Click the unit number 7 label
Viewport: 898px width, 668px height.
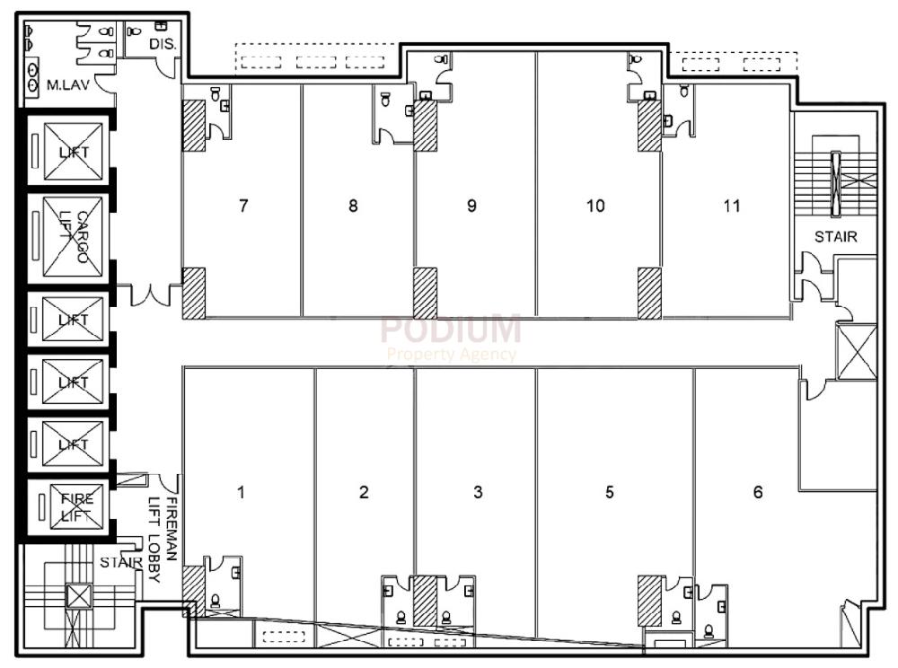click(243, 206)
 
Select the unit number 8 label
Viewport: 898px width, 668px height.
click(353, 206)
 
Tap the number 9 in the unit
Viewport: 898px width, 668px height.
click(471, 206)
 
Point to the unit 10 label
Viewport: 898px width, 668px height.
click(595, 206)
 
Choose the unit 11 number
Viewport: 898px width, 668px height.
click(732, 206)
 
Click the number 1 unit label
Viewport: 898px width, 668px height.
click(241, 492)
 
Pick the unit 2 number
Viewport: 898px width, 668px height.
click(364, 492)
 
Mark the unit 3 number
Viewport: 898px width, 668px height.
click(478, 492)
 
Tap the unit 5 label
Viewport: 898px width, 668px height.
click(610, 492)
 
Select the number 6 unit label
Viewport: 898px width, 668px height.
click(758, 492)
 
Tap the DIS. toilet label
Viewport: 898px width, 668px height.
click(161, 43)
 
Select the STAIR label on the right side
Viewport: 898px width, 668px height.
click(835, 238)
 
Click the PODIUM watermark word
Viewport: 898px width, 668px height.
click(450, 330)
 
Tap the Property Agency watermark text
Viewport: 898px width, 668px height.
click(451, 354)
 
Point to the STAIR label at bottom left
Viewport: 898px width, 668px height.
click(120, 563)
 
